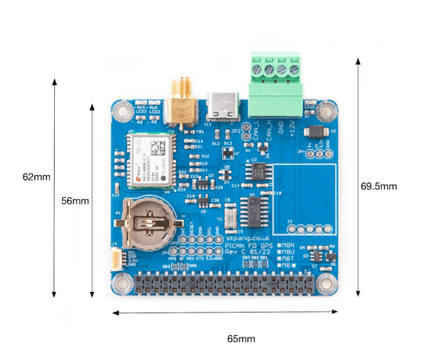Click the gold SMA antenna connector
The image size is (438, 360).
click(x=177, y=103)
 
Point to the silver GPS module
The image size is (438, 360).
click(x=152, y=160)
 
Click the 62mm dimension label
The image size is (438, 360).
click(x=36, y=177)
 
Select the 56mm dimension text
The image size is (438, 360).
click(x=75, y=201)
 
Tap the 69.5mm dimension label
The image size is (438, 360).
click(x=379, y=186)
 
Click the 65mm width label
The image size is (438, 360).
click(x=240, y=339)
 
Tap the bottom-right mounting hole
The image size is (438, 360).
click(x=331, y=284)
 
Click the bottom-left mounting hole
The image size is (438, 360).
click(x=120, y=284)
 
